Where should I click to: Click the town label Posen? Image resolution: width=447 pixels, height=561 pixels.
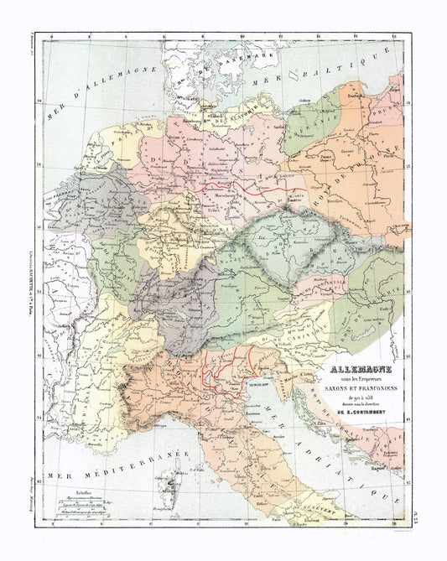pyautogui.click(x=340, y=156)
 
